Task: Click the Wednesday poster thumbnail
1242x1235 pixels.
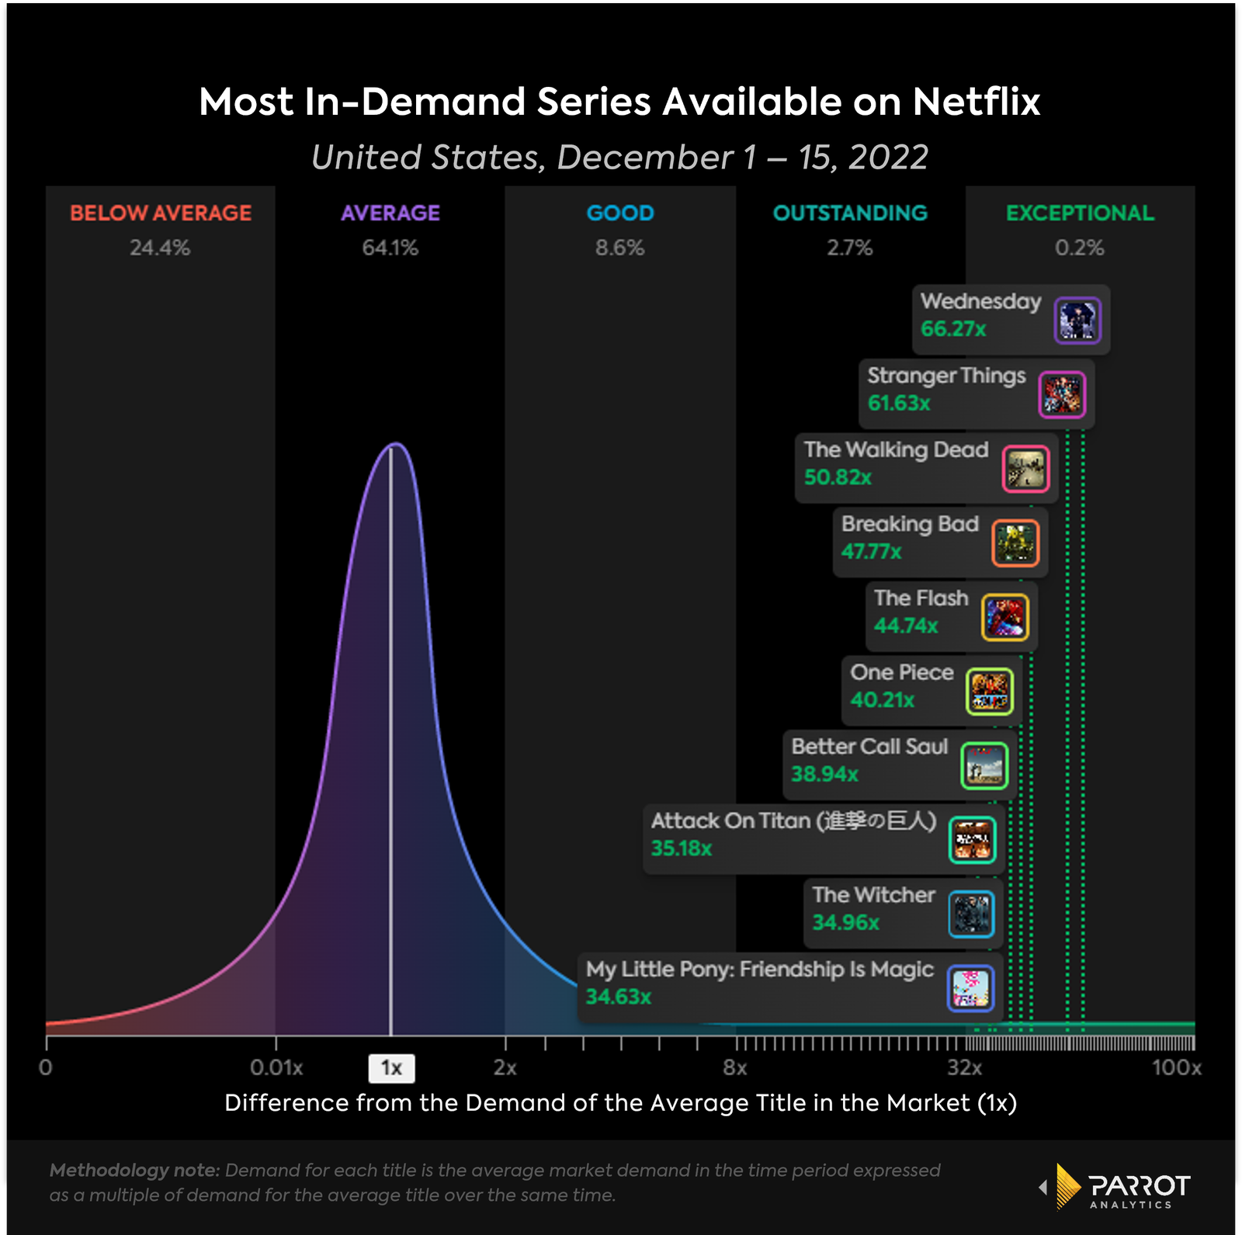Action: click(1077, 321)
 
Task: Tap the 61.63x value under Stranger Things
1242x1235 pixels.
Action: click(899, 404)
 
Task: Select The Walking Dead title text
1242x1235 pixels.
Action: click(896, 449)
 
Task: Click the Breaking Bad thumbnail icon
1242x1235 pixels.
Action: click(1015, 543)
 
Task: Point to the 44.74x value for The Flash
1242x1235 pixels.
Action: click(906, 626)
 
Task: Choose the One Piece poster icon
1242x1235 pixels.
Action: click(990, 692)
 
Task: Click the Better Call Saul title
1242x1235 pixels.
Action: click(869, 747)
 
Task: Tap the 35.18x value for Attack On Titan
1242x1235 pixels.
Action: click(681, 848)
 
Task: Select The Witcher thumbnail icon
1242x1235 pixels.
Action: click(971, 914)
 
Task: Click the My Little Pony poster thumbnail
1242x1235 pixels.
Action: click(970, 988)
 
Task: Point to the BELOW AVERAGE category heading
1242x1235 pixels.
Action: click(161, 213)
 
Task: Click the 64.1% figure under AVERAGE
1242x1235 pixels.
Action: click(390, 248)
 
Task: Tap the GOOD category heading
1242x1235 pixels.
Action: click(620, 213)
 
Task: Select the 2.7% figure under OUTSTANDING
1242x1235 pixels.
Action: click(849, 248)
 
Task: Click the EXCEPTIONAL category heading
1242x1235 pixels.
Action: click(1080, 213)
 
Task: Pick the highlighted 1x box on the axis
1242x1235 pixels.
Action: click(391, 1068)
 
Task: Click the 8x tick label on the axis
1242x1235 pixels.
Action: click(734, 1068)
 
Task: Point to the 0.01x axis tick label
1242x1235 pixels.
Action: click(276, 1068)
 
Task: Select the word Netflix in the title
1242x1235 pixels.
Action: click(976, 102)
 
